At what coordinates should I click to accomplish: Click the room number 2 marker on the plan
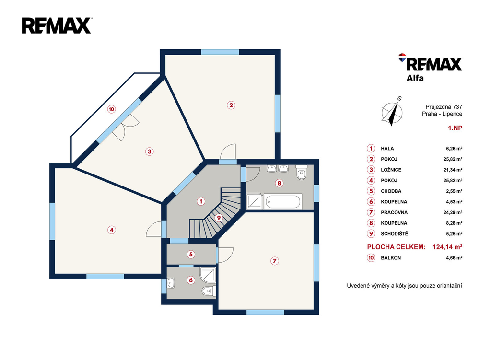231,105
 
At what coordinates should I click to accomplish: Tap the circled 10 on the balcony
111,109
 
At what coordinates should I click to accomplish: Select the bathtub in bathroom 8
283,201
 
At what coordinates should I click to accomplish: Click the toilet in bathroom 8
302,172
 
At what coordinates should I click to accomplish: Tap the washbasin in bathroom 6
171,283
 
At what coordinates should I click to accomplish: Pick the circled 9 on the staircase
219,218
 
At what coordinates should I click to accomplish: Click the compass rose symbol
392,112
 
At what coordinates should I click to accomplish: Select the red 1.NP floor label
455,128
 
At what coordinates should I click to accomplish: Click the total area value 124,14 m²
447,247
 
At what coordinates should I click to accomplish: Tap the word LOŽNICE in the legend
391,170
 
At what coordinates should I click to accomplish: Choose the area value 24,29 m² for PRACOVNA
453,212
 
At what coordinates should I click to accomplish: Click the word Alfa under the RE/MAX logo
415,78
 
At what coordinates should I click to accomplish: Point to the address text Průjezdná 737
444,107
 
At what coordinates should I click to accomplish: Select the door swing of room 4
154,229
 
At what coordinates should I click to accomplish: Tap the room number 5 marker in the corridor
191,254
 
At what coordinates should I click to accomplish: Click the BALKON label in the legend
391,258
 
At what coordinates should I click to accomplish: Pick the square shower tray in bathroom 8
255,201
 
